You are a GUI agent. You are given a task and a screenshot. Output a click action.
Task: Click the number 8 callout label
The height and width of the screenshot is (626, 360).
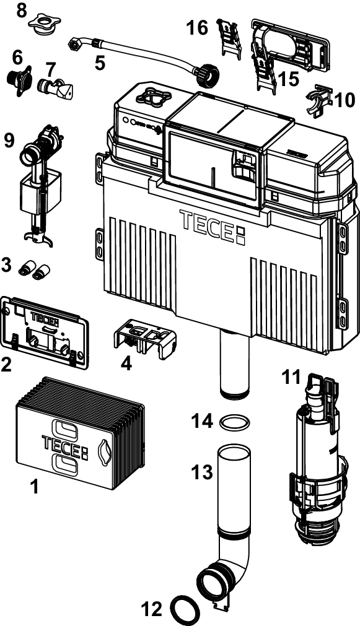pyautogui.click(x=22, y=11)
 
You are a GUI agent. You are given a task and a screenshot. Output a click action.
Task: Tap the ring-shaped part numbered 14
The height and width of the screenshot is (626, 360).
pyautogui.click(x=235, y=417)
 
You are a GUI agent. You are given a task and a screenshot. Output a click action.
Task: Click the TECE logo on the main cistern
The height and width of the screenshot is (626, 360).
pyautogui.click(x=212, y=225)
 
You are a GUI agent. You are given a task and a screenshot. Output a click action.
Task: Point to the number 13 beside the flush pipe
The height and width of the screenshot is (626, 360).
pyautogui.click(x=202, y=472)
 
